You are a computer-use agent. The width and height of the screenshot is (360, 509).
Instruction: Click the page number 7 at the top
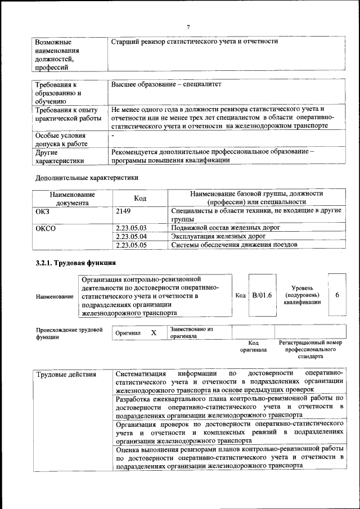[189, 27]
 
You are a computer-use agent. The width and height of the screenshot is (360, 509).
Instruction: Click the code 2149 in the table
[124, 210]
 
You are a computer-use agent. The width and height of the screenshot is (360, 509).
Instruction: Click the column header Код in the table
[140, 198]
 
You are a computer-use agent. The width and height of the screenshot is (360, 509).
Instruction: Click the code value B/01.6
[262, 295]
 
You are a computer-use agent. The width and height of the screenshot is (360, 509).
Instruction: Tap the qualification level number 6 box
[336, 295]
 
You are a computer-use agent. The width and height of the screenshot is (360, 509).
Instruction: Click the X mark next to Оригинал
[154, 332]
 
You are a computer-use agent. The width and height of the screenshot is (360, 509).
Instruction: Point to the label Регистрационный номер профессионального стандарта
[310, 349]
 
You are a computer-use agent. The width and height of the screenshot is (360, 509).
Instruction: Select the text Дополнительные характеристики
[87, 178]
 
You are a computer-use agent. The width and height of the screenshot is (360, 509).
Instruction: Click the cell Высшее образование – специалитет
[166, 84]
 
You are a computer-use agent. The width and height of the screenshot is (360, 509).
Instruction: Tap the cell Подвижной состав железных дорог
[226, 228]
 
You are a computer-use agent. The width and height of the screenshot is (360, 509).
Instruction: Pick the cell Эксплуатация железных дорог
[218, 236]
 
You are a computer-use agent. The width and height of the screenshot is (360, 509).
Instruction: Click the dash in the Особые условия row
[113, 136]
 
